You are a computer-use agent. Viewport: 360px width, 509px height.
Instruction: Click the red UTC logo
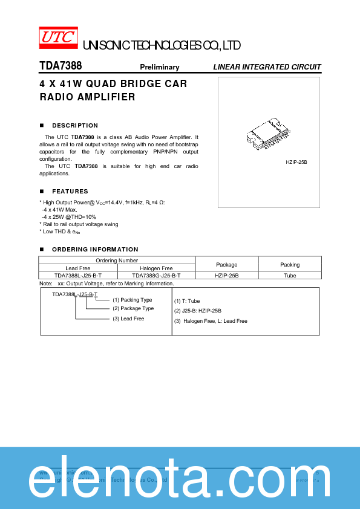pos(59,37)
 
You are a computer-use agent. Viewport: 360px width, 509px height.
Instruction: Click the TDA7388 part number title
pos(61,66)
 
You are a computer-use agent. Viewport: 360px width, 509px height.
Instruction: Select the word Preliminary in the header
pos(160,67)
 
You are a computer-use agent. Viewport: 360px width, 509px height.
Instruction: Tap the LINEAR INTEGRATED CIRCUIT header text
pos(267,67)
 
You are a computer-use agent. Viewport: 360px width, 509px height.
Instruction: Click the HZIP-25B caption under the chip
pos(296,163)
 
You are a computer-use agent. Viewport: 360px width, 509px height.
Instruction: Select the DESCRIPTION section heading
pos(75,126)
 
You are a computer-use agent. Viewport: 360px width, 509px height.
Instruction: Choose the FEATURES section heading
pos(70,192)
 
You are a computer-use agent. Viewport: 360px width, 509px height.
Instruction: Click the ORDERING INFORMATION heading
pos(95,250)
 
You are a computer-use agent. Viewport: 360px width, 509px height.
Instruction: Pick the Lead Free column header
pos(77,268)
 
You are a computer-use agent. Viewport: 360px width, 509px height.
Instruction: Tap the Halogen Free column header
pos(156,268)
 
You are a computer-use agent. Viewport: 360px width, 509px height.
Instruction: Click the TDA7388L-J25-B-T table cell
pos(77,275)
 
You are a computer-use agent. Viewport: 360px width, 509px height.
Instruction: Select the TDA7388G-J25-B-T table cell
pos(156,275)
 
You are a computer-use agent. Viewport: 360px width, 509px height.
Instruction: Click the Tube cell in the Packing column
pos(290,275)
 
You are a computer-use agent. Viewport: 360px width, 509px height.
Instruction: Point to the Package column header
pos(227,265)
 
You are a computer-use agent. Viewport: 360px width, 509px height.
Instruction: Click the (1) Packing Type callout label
pos(132,300)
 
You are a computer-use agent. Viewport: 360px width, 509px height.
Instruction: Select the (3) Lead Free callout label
pos(128,319)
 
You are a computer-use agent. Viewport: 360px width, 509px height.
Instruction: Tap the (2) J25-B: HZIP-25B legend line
pos(198,311)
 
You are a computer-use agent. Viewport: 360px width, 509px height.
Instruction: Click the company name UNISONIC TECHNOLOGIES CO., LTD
pos(162,46)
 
